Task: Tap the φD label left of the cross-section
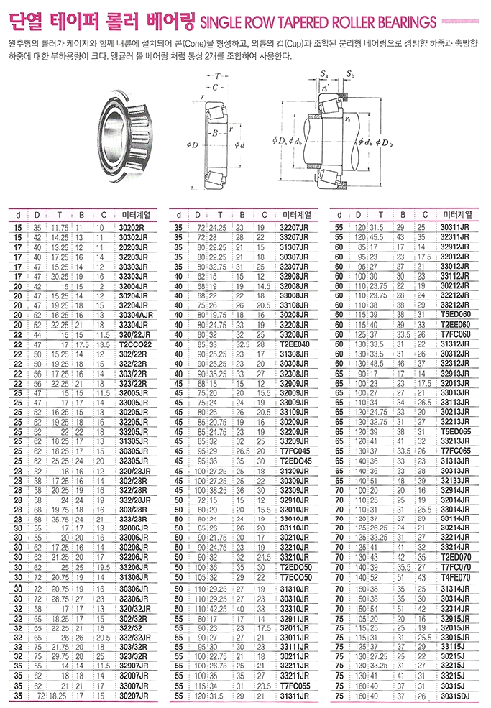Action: pos(192,145)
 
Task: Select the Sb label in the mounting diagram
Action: pos(350,75)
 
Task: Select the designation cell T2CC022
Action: pos(137,345)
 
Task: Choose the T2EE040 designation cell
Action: pos(296,345)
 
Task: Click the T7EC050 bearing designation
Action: pos(296,576)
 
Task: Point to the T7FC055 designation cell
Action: pos(296,686)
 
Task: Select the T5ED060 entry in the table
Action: pos(458,315)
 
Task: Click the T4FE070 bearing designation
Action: pos(458,576)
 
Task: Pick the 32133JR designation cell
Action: pos(458,479)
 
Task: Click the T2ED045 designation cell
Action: pos(296,461)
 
